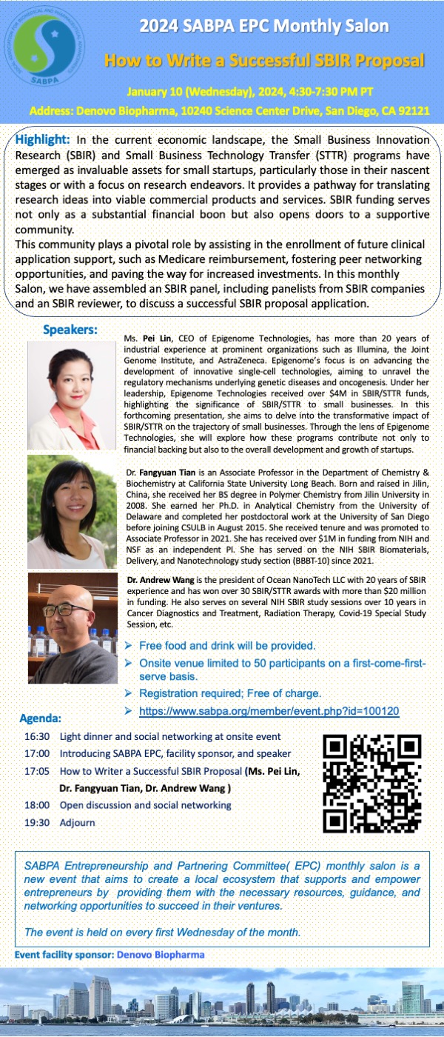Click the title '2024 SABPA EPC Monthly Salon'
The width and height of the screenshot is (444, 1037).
click(x=264, y=27)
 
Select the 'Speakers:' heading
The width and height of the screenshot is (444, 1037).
click(x=70, y=330)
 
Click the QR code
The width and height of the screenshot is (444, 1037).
click(x=372, y=783)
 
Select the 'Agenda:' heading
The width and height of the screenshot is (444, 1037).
click(x=40, y=718)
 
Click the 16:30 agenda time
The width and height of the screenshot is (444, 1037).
click(x=36, y=736)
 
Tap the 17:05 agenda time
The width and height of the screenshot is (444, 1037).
click(x=36, y=770)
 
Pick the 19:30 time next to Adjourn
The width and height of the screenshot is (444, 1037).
click(x=36, y=822)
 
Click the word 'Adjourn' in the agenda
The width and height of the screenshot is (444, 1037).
click(x=78, y=822)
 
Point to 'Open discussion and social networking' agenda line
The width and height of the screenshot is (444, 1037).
click(x=145, y=804)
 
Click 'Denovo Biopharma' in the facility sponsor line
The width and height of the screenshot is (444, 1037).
click(x=160, y=955)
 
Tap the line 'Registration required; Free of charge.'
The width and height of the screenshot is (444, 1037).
click(x=230, y=693)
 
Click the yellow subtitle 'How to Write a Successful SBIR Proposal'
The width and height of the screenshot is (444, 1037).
click(x=264, y=60)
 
